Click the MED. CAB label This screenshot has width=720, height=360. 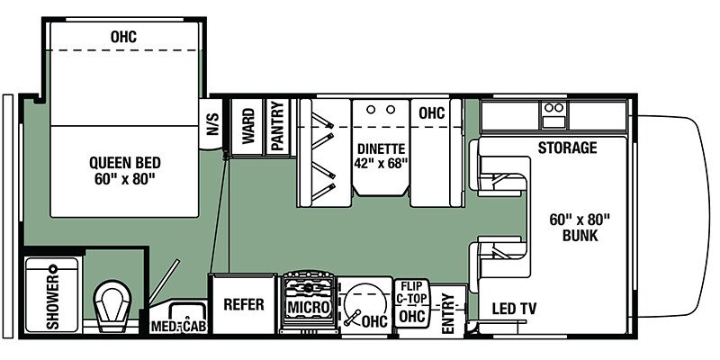tap(179, 326)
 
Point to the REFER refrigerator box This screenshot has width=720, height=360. tap(244, 304)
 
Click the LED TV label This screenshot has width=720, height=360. tap(514, 310)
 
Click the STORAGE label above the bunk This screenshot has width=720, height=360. tap(567, 148)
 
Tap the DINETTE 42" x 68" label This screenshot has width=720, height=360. tap(382, 156)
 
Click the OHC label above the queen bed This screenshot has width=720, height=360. tap(124, 37)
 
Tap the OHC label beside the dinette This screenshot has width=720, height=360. tap(431, 114)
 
